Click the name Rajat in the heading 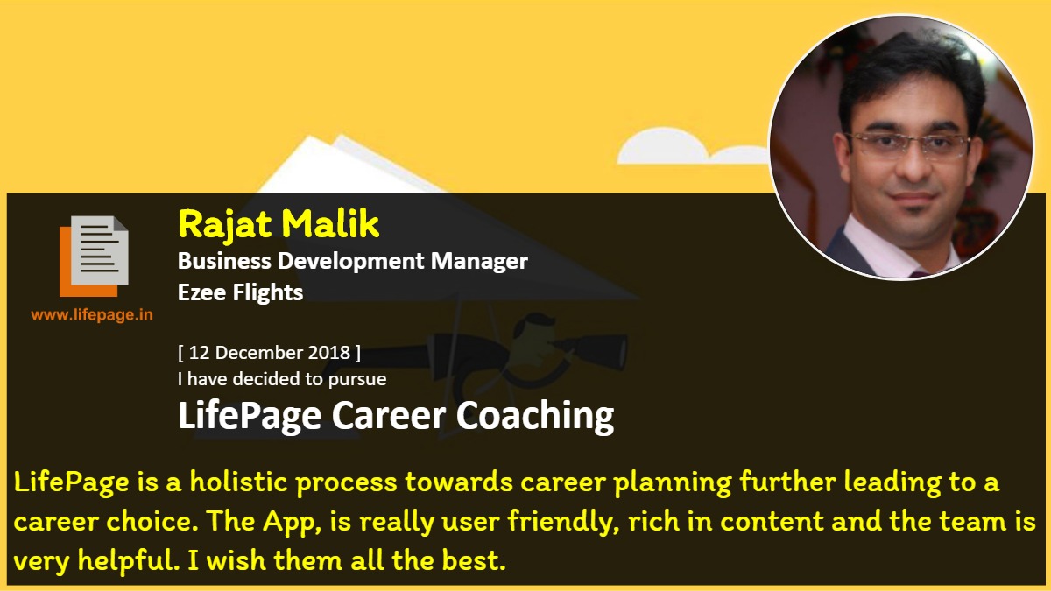click(x=225, y=225)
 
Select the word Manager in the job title click(x=479, y=262)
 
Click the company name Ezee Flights click(x=240, y=292)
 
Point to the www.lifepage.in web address click(x=92, y=314)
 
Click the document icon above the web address click(x=94, y=256)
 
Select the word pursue click(x=357, y=379)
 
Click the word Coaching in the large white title click(x=535, y=416)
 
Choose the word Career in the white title click(x=389, y=416)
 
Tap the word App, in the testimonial click(x=292, y=523)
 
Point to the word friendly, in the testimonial click(x=564, y=522)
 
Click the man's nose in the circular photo click(x=912, y=165)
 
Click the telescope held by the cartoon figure click(x=591, y=348)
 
